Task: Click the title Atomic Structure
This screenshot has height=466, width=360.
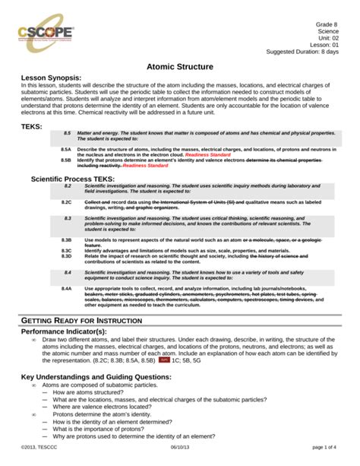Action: pos(180,68)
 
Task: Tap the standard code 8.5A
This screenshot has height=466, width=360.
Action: pos(66,151)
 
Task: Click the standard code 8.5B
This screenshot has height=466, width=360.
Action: pos(66,161)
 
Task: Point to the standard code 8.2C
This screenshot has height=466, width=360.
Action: pos(66,203)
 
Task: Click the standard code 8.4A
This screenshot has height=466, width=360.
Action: pos(66,289)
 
